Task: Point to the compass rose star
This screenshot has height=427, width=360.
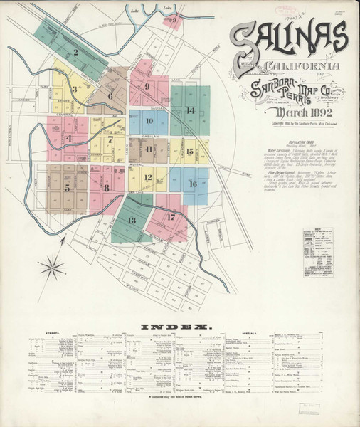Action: [51, 268]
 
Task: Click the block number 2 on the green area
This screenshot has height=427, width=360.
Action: [75, 52]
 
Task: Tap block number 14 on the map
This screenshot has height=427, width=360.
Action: [190, 110]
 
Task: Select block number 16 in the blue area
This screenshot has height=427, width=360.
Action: [192, 184]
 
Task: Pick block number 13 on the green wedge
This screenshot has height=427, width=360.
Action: [131, 221]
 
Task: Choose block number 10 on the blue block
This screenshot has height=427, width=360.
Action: [149, 122]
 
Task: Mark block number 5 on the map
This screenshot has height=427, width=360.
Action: [67, 188]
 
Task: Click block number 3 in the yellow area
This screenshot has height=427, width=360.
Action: [74, 89]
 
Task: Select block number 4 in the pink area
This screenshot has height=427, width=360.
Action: [69, 138]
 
